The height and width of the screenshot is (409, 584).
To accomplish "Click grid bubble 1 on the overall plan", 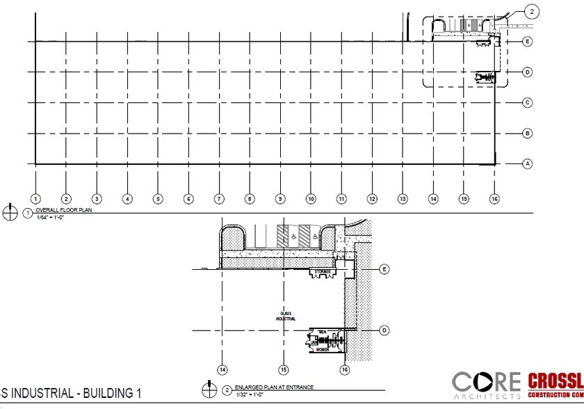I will point(35,199).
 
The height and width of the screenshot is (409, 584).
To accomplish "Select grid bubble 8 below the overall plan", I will point(250,199).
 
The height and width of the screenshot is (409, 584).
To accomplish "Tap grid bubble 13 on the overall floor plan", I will point(403,199).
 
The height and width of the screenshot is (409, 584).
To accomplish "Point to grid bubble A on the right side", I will point(527,164).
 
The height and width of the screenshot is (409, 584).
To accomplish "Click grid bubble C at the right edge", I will point(527,103).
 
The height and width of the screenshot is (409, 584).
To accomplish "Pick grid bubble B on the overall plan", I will point(527,133).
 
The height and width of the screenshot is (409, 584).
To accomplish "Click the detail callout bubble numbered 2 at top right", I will point(532,11).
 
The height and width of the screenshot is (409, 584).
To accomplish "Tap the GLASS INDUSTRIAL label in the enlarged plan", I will point(286,316).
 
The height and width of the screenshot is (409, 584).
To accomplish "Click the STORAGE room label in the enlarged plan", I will point(322,271).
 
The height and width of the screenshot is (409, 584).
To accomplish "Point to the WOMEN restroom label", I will point(323,350).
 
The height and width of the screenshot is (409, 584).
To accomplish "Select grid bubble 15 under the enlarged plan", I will point(284,369).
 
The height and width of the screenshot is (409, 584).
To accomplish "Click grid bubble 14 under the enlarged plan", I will point(222,369).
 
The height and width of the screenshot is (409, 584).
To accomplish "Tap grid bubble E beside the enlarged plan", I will point(384,268).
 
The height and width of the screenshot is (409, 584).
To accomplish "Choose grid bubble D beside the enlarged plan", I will point(384,330).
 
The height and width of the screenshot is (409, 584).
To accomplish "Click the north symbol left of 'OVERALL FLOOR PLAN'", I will point(10,212).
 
